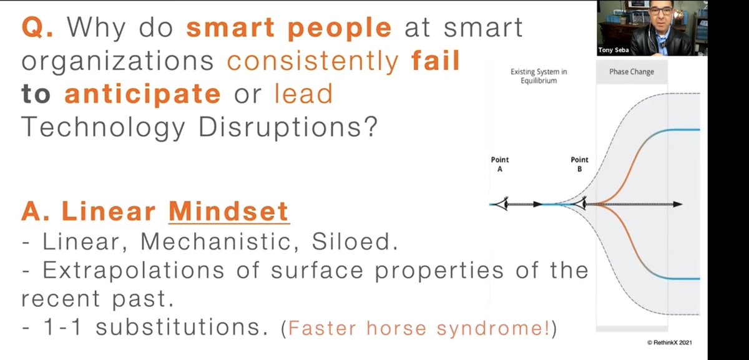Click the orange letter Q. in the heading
[37, 27]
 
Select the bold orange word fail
[436, 61]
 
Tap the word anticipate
[143, 94]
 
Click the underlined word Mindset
[229, 212]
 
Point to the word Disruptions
[288, 127]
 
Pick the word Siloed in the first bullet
[355, 241]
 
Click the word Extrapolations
[134, 270]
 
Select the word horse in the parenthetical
[396, 328]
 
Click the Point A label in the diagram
[500, 164]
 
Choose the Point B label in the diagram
[579, 164]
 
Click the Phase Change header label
[632, 72]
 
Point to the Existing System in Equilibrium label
[539, 76]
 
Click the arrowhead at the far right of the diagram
[678, 204]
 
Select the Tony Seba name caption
[614, 50]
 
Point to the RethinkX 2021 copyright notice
[669, 343]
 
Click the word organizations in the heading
[118, 62]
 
